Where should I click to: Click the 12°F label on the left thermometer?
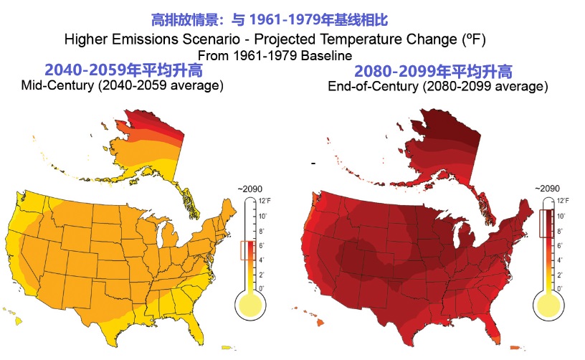click(x=264, y=200)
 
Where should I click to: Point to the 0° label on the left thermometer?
click(x=262, y=288)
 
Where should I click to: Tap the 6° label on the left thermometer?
click(x=262, y=245)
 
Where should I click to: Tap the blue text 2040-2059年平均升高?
click(x=123, y=70)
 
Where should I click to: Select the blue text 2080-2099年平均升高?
click(x=434, y=71)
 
